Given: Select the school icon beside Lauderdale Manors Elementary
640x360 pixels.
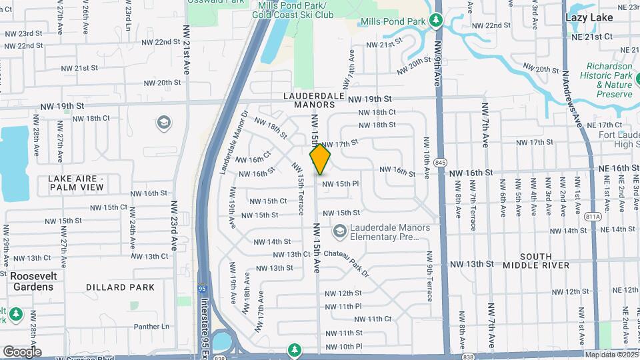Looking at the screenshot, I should [x=339, y=231].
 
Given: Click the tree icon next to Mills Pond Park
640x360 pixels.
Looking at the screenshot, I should [x=437, y=21].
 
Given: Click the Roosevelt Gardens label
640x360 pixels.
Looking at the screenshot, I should [x=31, y=281].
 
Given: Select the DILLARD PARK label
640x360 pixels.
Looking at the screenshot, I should [x=120, y=287].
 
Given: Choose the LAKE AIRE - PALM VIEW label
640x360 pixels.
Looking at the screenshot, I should [x=76, y=183].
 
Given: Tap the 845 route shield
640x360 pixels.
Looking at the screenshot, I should [x=440, y=162].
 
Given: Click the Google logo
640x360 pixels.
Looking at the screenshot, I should [x=22, y=351].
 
